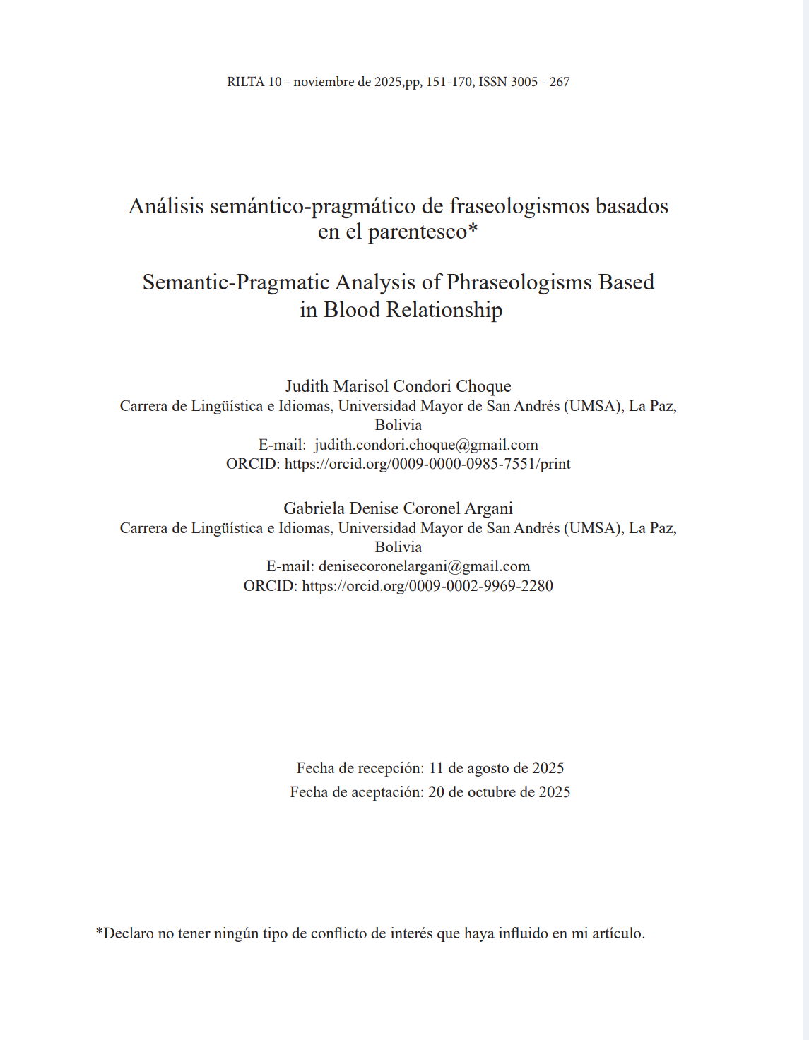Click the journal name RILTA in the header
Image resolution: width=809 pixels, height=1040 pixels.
pos(245,82)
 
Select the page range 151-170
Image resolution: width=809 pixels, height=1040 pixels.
pos(449,82)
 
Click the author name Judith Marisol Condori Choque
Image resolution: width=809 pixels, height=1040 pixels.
pos(398,386)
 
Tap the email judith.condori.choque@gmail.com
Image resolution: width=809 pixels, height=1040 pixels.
pos(426,445)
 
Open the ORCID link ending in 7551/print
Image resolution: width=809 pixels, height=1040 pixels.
pos(427,464)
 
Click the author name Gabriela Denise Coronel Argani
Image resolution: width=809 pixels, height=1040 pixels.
pos(398,508)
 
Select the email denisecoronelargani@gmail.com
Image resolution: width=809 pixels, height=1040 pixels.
pos(424,566)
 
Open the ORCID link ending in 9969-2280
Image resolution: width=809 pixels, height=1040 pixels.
pos(427,586)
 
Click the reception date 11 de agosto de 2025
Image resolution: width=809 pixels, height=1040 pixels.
pos(496,768)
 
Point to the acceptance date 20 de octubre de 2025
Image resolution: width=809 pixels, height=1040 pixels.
pos(499,792)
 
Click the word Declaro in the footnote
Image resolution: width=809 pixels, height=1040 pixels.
pos(129,933)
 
